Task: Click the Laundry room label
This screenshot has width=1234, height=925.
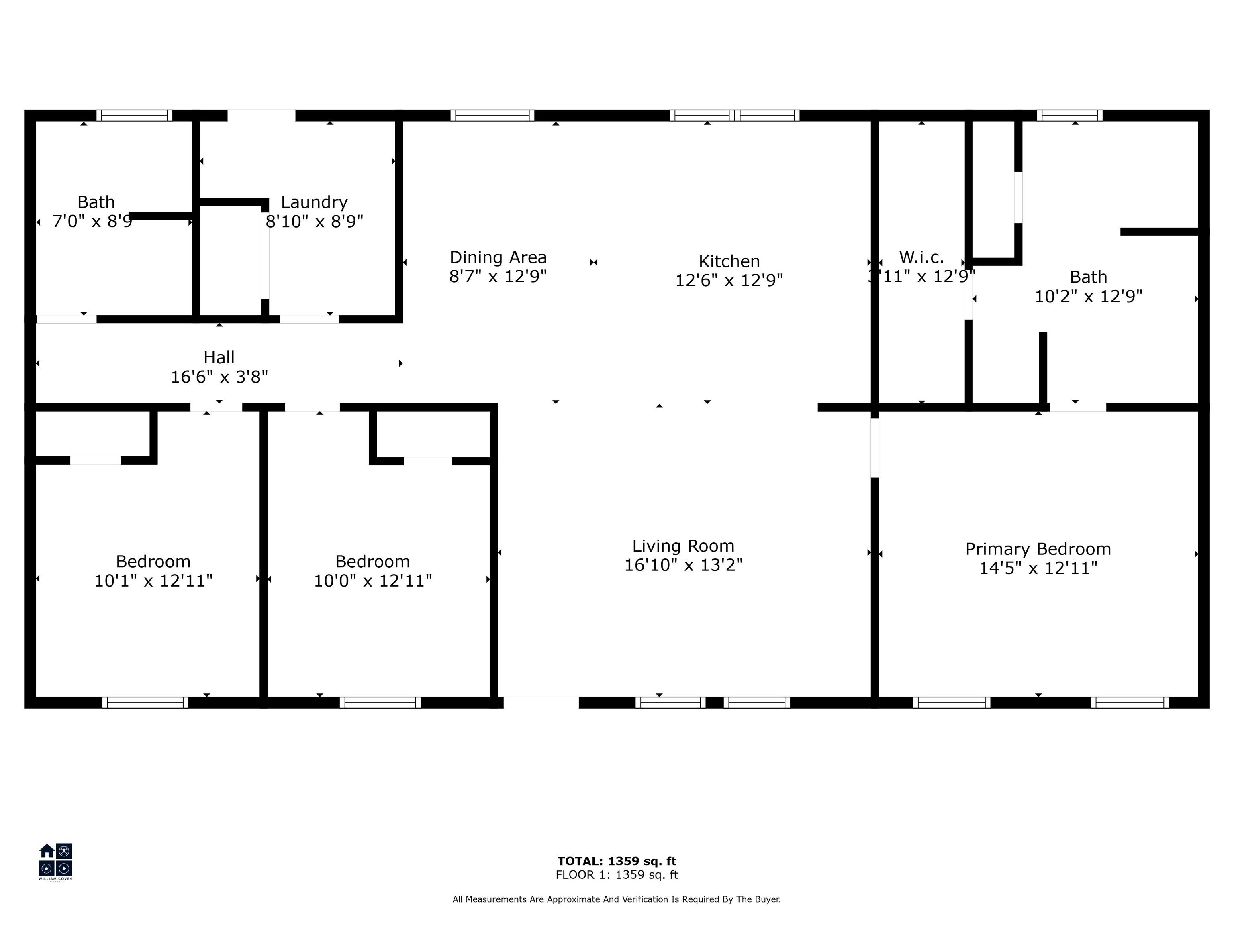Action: pyautogui.click(x=314, y=202)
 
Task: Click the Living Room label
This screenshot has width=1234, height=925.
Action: pyautogui.click(x=683, y=546)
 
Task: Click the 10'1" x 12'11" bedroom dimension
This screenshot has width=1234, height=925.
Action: pyautogui.click(x=153, y=581)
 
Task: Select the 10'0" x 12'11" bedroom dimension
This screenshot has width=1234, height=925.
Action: pyautogui.click(x=373, y=581)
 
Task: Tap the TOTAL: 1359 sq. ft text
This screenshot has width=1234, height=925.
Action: pyautogui.click(x=617, y=861)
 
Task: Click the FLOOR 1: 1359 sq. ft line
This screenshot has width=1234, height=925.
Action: pyautogui.click(x=617, y=875)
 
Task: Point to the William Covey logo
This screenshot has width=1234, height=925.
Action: pyautogui.click(x=55, y=862)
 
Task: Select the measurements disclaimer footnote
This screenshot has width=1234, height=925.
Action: pyautogui.click(x=617, y=899)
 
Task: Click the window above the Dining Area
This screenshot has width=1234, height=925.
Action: pyautogui.click(x=492, y=115)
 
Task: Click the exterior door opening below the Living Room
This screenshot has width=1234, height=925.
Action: pyautogui.click(x=541, y=702)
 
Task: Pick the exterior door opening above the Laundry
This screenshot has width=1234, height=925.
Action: pyautogui.click(x=261, y=115)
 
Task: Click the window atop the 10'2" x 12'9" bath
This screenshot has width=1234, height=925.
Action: pyautogui.click(x=1069, y=115)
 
